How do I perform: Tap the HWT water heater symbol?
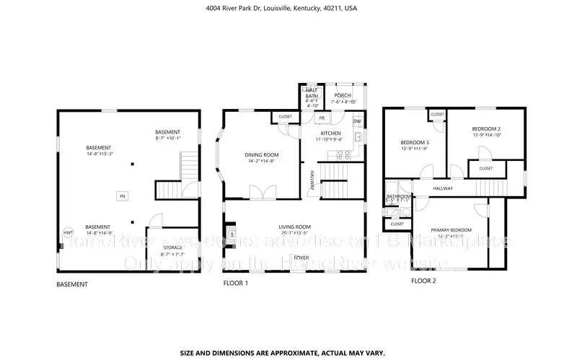click(68, 233)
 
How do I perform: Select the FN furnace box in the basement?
click(122, 196)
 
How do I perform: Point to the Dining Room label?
click(260, 155)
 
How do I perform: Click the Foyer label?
click(300, 257)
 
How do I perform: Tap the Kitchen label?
click(330, 134)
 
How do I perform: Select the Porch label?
click(343, 95)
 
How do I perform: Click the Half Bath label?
click(312, 93)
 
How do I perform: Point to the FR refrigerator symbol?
click(322, 118)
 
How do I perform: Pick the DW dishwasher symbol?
click(356, 121)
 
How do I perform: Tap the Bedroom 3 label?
click(415, 143)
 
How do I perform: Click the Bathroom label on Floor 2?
click(398, 196)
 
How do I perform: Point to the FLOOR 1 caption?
click(236, 284)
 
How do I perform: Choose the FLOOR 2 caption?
click(423, 281)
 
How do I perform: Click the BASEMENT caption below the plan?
click(72, 284)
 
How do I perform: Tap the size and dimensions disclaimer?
click(282, 333)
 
